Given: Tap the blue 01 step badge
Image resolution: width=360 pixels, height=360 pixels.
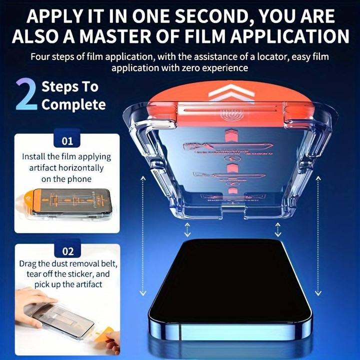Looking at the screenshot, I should click(67, 141).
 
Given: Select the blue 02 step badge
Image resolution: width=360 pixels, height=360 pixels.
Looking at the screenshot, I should click(67, 251).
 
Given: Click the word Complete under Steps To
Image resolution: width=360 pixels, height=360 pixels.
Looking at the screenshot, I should click(74, 104).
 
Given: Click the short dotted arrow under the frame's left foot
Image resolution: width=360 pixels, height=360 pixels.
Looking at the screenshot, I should click(187, 230).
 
